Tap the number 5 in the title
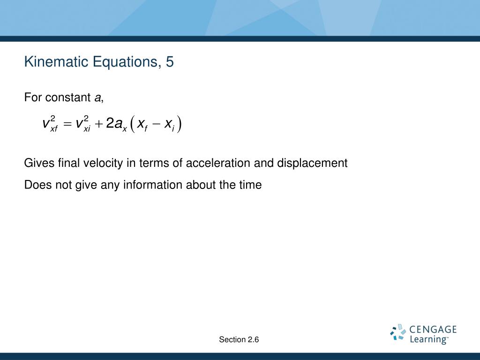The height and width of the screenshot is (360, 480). point(170,62)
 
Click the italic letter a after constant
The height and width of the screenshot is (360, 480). point(97,97)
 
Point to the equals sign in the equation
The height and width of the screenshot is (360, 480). point(67,124)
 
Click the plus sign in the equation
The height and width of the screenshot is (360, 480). point(98,124)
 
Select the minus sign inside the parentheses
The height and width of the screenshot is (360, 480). point(156,124)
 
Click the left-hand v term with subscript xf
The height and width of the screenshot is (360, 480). point(50,123)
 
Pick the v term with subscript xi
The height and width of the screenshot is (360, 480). point(83,123)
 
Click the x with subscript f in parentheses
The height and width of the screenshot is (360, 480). point(142,125)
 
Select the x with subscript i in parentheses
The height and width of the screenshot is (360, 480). point(169,125)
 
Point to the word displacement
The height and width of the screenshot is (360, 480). point(312,163)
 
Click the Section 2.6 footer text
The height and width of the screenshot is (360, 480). point(239,339)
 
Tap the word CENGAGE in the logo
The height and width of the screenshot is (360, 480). point(433,330)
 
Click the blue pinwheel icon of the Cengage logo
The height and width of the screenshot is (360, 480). point(398,332)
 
